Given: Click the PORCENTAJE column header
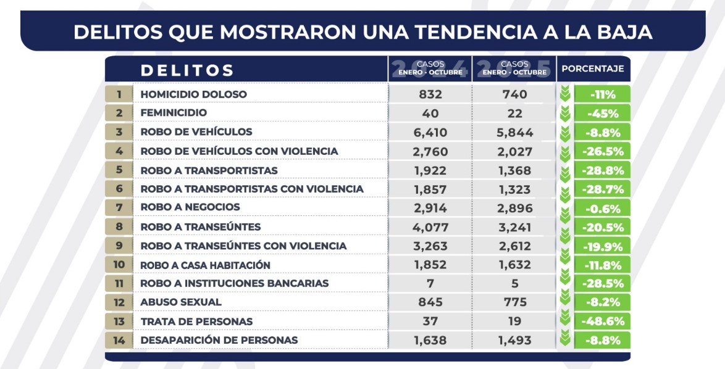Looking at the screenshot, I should tap(592, 68).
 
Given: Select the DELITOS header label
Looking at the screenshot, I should tap(187, 70).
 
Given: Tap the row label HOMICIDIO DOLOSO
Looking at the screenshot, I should tap(193, 94).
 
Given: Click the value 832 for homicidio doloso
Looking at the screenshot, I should tap(430, 94).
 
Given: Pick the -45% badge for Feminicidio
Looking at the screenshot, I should tap(601, 113).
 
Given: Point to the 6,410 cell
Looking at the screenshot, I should tap(430, 132).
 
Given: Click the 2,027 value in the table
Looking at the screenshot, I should tap(514, 151).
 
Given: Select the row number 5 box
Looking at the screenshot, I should tap(119, 170).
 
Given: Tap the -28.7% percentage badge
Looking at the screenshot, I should tap(601, 189).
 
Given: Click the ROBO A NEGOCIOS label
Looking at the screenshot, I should tap(190, 207).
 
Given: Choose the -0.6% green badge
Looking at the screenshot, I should tap(601, 208).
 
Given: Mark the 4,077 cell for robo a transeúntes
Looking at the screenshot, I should tap(430, 226).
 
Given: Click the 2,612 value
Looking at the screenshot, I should tap(514, 246).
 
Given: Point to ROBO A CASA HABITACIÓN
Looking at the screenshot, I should tap(206, 265).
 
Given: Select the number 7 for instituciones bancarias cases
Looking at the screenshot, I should tap(430, 283).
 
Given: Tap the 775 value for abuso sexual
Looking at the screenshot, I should tap(514, 302).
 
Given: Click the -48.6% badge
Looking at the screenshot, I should tap(601, 321).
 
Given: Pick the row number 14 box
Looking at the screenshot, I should tap(119, 340).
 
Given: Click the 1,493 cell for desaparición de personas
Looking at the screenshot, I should tap(514, 340).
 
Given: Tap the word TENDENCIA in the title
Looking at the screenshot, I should tap(443, 31).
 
